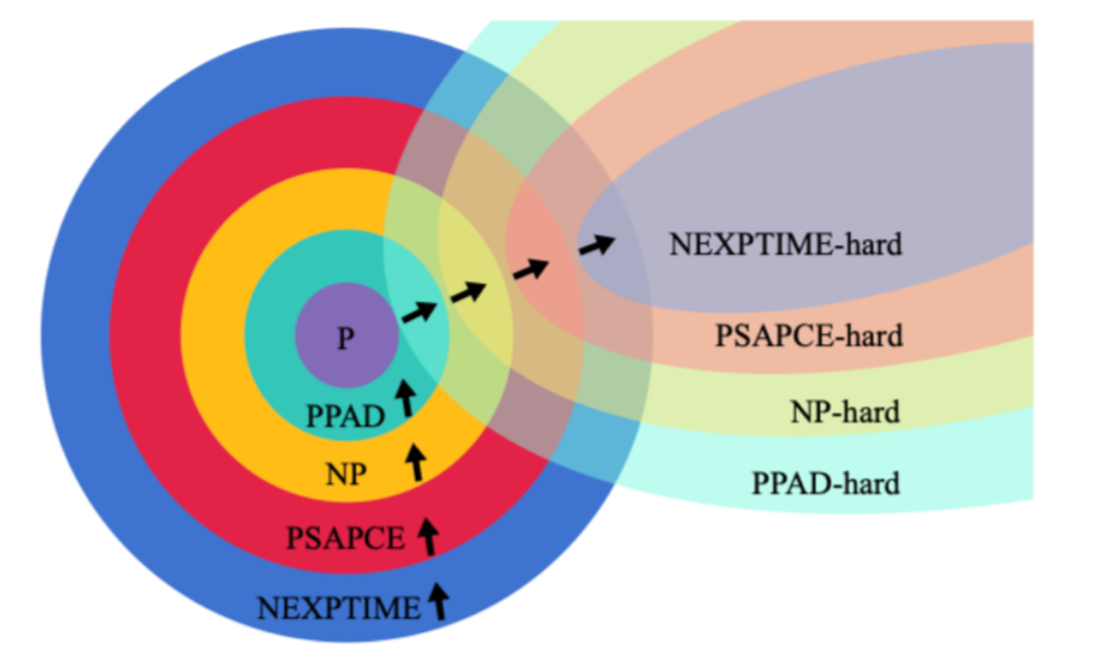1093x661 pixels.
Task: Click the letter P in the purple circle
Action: (345, 339)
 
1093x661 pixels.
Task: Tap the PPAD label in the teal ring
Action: (346, 416)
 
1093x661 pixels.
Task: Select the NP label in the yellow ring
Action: (346, 474)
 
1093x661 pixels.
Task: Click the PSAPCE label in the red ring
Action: (345, 538)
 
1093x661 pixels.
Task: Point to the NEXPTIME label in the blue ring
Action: (339, 609)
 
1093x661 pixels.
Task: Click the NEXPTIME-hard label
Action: (785, 244)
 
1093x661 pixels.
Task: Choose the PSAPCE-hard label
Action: (808, 335)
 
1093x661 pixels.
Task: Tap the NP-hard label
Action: (845, 411)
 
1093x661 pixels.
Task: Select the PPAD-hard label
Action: (825, 483)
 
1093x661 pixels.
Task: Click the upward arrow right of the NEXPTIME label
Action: (438, 601)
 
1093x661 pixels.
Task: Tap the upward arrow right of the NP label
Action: (415, 463)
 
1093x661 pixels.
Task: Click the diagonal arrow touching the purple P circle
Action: (419, 311)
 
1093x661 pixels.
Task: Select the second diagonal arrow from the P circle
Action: (469, 291)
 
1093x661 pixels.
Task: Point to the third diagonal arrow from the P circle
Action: (530, 268)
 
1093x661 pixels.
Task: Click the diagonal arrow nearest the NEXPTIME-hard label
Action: (596, 244)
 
